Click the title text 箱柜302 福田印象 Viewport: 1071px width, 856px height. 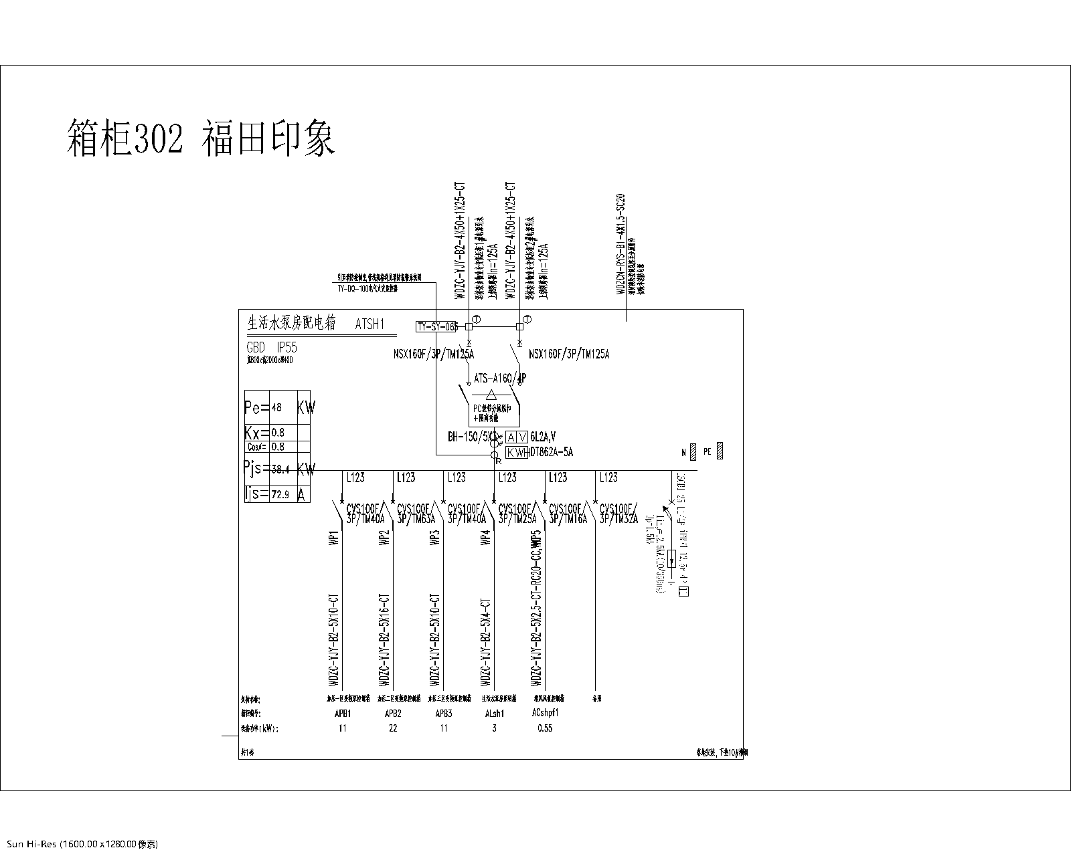201,137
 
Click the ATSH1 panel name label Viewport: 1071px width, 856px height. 370,324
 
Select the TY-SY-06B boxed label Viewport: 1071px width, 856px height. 437,326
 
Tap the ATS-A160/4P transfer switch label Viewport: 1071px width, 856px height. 499,379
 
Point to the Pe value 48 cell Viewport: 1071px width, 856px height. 277,407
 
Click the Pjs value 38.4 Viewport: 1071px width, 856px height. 280,469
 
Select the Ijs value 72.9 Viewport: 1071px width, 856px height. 280,495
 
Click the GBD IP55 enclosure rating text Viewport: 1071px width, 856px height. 271,348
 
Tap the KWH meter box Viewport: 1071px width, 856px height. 517,453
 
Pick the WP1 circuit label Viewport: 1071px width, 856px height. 333,538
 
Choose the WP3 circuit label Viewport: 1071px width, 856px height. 435,538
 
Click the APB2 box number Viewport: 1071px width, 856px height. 393,714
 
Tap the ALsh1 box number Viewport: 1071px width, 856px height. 494,714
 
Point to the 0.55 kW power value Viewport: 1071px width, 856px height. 545,728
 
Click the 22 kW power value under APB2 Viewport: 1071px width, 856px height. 393,728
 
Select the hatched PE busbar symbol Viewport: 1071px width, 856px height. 720,451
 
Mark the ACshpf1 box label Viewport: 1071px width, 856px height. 545,714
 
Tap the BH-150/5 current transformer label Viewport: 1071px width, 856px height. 469,437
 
